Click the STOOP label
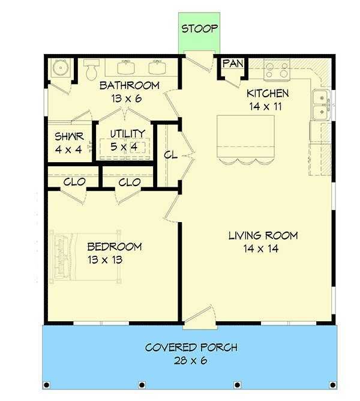199,28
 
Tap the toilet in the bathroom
91,69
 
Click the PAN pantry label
233,64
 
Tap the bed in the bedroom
86,256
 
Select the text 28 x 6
190,361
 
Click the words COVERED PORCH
191,348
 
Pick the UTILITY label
128,133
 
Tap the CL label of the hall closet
170,155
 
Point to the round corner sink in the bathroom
61,68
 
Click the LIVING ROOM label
263,235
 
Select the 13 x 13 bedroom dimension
105,260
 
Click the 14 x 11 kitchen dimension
266,106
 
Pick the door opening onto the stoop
199,62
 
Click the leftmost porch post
47,385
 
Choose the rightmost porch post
332,385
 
